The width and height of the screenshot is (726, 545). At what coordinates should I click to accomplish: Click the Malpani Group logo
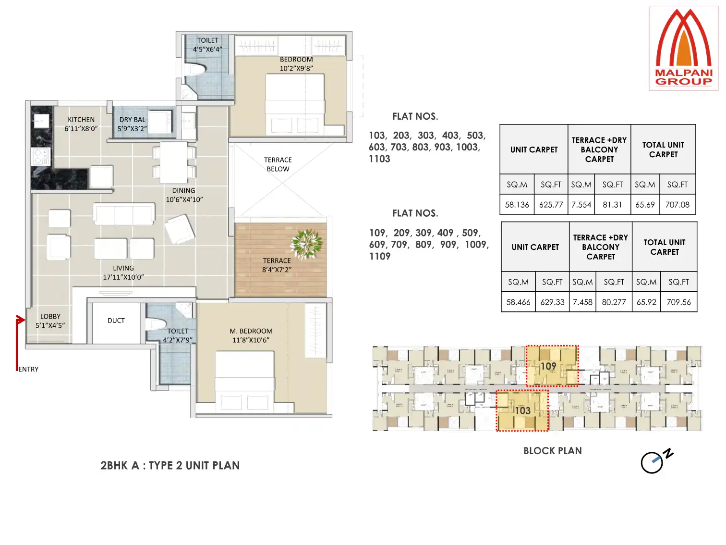coord(683,49)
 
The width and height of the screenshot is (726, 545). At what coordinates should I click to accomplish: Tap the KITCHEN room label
coord(81,120)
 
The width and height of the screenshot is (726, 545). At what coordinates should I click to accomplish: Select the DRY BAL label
coord(132,120)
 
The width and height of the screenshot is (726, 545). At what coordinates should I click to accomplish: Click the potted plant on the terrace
coord(307,244)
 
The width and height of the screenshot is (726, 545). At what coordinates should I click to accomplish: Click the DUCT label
coord(116,321)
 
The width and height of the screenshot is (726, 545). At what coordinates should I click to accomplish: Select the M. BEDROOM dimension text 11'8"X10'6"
coord(251,340)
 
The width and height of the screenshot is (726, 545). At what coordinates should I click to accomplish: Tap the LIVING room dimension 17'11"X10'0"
coord(123,277)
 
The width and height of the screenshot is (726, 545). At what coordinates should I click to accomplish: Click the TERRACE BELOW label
coord(278,164)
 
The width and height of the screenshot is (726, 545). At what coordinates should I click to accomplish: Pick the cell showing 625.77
coord(551,205)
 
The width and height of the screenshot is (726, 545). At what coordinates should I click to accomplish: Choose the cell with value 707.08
coord(677,205)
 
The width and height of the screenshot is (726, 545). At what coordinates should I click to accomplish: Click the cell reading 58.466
coord(518,302)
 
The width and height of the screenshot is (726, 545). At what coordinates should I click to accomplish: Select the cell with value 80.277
coord(614,302)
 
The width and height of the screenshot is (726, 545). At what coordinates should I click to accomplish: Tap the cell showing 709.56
coord(678,302)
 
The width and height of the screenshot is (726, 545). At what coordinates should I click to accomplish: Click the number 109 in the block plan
coord(548,367)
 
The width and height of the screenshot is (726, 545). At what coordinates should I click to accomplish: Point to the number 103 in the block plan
coord(523,411)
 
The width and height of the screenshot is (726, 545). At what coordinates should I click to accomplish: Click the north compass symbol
coord(654,462)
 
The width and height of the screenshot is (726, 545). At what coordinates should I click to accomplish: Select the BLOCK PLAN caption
coord(552,451)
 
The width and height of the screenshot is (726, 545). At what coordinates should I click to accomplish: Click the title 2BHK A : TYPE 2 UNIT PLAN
coord(170,466)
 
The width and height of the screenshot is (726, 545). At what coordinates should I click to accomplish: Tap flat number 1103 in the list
coord(379,159)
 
